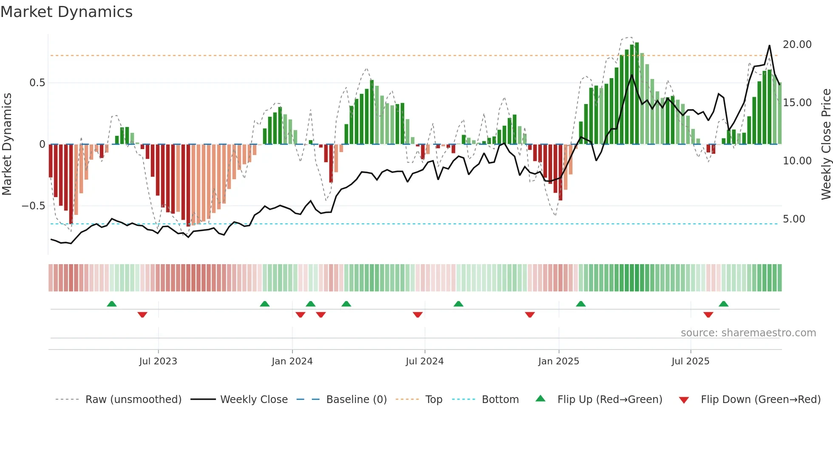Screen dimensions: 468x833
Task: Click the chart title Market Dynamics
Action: [67, 12]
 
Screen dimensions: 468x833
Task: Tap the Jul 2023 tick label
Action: [158, 361]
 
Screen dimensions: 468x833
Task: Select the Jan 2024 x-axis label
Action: [292, 361]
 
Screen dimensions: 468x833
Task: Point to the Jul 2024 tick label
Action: [425, 361]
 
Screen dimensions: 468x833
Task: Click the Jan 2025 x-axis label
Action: [558, 361]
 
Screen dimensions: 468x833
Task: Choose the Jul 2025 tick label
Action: [691, 361]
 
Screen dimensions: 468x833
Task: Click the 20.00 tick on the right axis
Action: [797, 45]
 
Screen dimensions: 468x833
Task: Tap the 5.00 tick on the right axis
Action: [794, 219]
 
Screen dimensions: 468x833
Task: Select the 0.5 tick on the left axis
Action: [37, 83]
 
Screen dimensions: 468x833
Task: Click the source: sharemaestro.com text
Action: [748, 333]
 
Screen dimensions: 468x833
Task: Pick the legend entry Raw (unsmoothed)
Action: [133, 400]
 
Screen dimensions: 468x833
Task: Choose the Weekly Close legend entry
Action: [254, 400]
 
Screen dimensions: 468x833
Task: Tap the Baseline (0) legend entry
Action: [356, 400]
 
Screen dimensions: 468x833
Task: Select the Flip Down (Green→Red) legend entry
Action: [760, 400]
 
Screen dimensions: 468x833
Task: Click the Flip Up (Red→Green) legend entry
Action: [609, 400]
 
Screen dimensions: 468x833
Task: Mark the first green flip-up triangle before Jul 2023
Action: [112, 304]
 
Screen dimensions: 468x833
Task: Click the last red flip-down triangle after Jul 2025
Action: [708, 315]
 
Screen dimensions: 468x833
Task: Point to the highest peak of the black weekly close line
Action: [769, 46]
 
